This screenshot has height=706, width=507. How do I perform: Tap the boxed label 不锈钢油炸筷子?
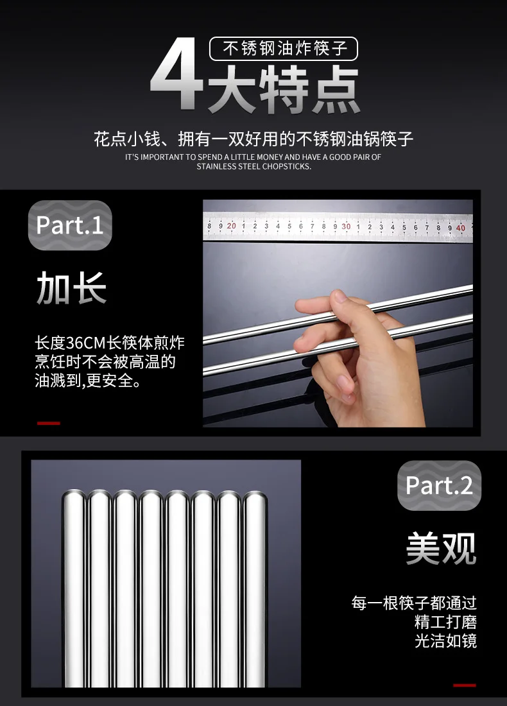click(284, 49)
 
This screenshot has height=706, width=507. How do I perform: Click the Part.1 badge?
click(70, 225)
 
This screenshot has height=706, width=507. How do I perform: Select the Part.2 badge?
click(439, 485)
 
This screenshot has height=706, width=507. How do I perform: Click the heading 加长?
click(71, 288)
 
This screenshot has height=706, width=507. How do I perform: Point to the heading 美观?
click(441, 548)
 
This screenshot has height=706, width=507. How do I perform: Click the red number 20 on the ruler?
click(231, 225)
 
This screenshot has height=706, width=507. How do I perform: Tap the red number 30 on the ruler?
click(346, 227)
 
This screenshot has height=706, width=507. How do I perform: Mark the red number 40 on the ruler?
click(460, 228)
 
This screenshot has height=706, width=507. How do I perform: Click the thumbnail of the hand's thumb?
click(339, 296)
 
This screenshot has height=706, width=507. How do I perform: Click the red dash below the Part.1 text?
click(49, 423)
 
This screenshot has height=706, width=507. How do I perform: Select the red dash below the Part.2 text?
click(465, 685)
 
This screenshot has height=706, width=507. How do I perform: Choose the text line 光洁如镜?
click(445, 641)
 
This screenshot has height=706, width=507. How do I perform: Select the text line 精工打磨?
click(445, 622)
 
